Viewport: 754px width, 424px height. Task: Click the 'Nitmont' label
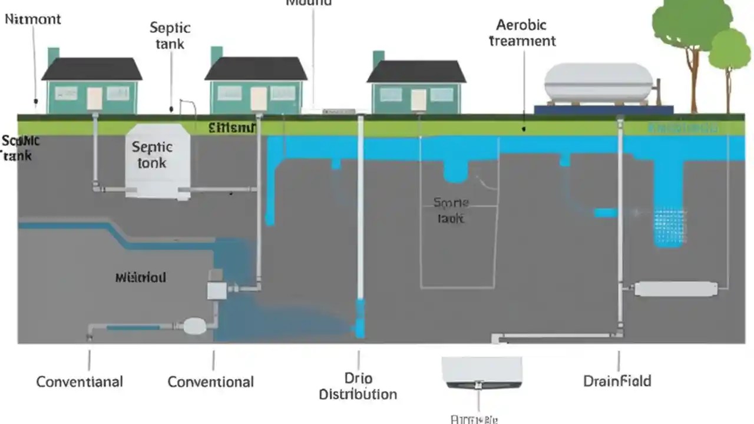pos(33,19)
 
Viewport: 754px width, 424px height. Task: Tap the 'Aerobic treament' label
pos(522,33)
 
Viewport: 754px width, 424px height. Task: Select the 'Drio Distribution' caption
pos(358,386)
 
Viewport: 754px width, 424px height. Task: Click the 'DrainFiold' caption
pos(617,381)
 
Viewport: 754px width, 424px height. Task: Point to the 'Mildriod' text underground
pos(140,277)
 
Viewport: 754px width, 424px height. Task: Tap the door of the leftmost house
pos(94,98)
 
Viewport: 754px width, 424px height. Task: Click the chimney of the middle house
pos(216,55)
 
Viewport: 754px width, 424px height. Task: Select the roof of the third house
pos(416,72)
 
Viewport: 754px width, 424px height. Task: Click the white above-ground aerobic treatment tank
pos(598,82)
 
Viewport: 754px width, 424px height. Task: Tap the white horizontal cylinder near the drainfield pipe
pos(676,289)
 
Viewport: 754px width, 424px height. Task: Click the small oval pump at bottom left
pos(195,326)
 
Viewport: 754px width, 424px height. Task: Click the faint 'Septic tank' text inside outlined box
pos(452,210)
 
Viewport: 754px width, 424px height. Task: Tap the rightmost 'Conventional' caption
pos(210,382)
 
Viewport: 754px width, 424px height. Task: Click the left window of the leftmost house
pos(66,93)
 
